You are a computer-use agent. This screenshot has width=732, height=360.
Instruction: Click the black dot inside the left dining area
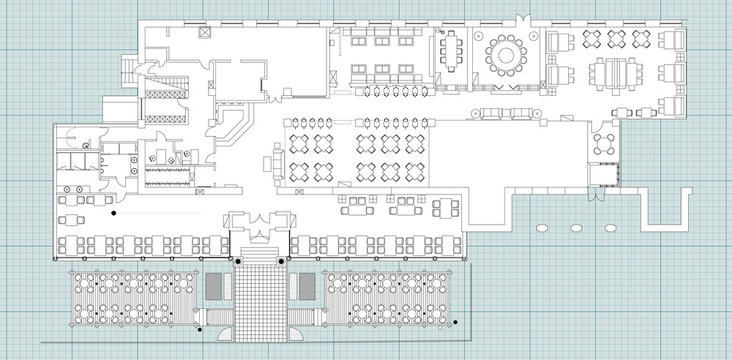click(x=113, y=213)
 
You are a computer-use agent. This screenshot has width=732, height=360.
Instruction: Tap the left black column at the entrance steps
click(x=239, y=259)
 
